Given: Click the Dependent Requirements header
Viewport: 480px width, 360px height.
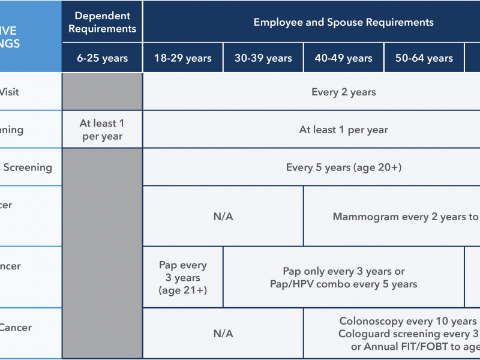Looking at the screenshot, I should pyautogui.click(x=102, y=22).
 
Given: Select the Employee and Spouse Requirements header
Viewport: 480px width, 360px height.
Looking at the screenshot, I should pyautogui.click(x=343, y=22).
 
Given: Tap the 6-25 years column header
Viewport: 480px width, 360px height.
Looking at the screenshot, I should pyautogui.click(x=102, y=58).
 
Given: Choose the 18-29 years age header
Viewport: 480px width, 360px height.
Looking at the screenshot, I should pyautogui.click(x=183, y=58).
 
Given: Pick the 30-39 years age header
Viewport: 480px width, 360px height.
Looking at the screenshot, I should pyautogui.click(x=263, y=58).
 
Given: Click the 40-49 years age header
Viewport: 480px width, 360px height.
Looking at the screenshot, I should pyautogui.click(x=344, y=58).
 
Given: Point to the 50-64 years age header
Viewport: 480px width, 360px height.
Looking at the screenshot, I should pyautogui.click(x=424, y=58).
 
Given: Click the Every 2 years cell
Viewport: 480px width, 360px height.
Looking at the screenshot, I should pyautogui.click(x=343, y=92).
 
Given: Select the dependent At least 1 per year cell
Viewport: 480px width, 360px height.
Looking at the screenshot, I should pyautogui.click(x=102, y=130).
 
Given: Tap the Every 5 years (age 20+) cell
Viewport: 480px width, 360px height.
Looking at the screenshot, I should pyautogui.click(x=343, y=167).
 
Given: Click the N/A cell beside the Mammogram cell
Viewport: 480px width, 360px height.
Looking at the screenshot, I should pyautogui.click(x=223, y=217).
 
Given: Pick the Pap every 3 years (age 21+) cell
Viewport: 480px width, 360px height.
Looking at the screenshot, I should pyautogui.click(x=183, y=278).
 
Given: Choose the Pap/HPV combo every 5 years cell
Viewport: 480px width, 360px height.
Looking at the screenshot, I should pyautogui.click(x=344, y=284).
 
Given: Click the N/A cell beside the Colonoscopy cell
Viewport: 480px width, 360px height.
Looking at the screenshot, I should pyautogui.click(x=223, y=334).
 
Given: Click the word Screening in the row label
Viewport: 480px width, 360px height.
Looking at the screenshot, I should pyautogui.click(x=28, y=167).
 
